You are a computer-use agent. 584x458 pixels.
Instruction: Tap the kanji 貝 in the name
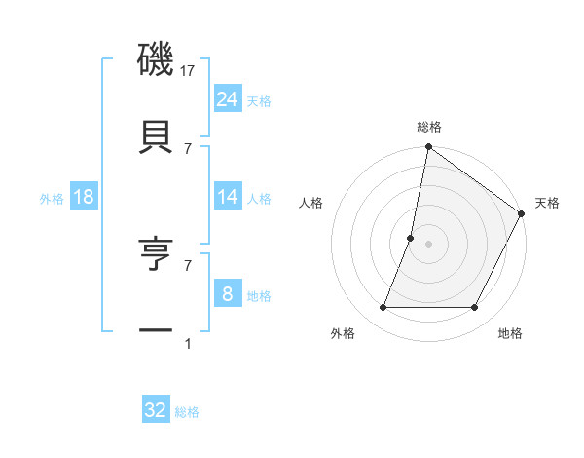pos(156,135)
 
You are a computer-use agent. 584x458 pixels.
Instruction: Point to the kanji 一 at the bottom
pos(156,331)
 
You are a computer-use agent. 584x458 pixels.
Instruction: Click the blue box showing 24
pos(228,98)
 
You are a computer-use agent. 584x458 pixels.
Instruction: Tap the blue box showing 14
pos(228,197)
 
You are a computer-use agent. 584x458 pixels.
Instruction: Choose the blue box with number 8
pos(228,292)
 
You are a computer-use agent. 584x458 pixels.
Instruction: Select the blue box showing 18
pos(84,197)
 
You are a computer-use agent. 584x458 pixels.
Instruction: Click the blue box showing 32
pos(156,410)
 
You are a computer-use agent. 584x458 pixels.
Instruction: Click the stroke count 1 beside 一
pos(188,343)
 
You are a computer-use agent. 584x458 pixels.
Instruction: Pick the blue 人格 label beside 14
pos(259,199)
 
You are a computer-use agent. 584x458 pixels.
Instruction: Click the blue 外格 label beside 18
pos(52,199)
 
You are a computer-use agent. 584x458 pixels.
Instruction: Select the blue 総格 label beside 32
pos(187,412)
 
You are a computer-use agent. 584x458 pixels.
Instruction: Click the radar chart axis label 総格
pos(429,127)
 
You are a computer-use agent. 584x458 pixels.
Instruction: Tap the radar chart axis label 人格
pos(311,203)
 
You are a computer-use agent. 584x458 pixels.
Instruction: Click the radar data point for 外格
pos(383,308)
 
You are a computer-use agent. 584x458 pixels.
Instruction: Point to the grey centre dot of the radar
pos(428,244)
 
